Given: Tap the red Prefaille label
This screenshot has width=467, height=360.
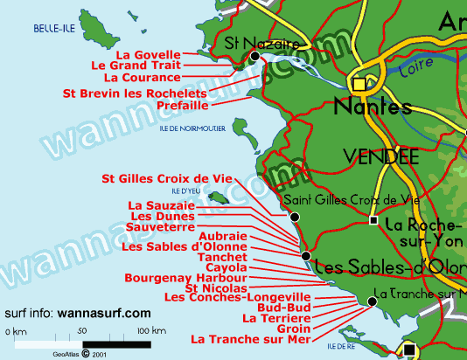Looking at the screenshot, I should pyautogui.click(x=182, y=105).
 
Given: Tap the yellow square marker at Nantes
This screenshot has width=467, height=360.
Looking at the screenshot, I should pyautogui.click(x=359, y=84).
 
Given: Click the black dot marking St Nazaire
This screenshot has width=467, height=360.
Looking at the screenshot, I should pyautogui.click(x=254, y=57).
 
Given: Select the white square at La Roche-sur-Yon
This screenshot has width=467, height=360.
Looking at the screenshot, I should pyautogui.click(x=373, y=222).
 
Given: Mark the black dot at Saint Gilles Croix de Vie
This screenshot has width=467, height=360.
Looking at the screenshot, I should pyautogui.click(x=295, y=217).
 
